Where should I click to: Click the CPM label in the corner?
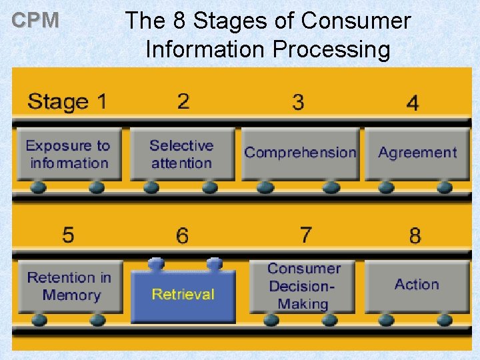pyautogui.click(x=36, y=21)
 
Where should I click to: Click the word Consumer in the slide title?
pyautogui.click(x=355, y=21)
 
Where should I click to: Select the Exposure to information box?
pyautogui.click(x=69, y=155)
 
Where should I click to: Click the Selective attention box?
pyautogui.click(x=182, y=155)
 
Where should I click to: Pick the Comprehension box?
pyautogui.click(x=300, y=153)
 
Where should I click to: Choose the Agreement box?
pyautogui.click(x=417, y=153)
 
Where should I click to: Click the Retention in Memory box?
pyautogui.click(x=69, y=287)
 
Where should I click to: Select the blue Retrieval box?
pyautogui.click(x=183, y=295)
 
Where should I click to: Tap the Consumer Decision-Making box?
pyautogui.click(x=303, y=287)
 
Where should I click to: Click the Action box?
pyautogui.click(x=417, y=285)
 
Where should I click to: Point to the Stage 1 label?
pyautogui.click(x=67, y=102)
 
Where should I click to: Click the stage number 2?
pyautogui.click(x=183, y=101)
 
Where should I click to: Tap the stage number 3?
pyautogui.click(x=298, y=102)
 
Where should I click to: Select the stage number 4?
pyautogui.click(x=413, y=103)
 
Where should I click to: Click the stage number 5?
pyautogui.click(x=68, y=235)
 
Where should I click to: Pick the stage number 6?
pyautogui.click(x=182, y=235)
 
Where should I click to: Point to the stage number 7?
pyautogui.click(x=305, y=235)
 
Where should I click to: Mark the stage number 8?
pyautogui.click(x=415, y=235)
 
